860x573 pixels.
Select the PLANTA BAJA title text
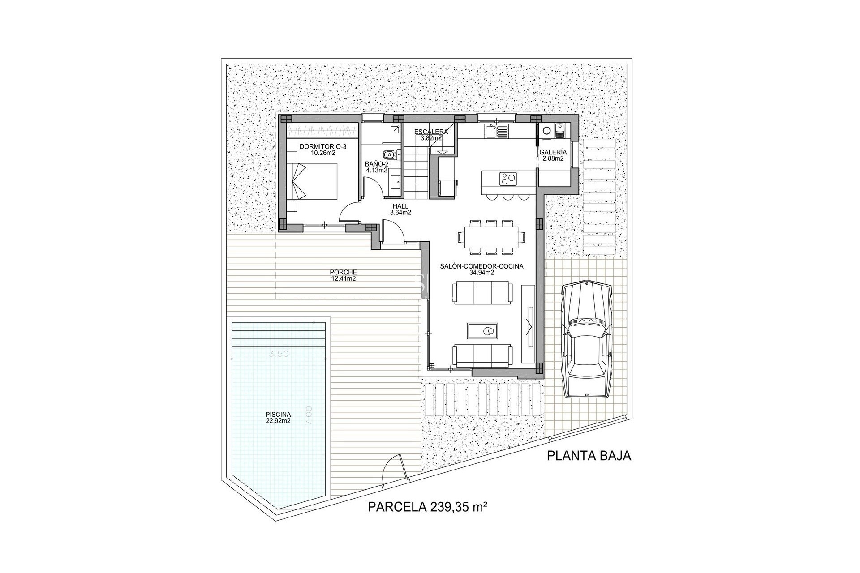pos(589,456)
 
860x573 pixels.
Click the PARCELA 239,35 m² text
pos(427,507)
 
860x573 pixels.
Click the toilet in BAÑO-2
pos(389,154)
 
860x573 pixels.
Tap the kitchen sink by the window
pos(496,131)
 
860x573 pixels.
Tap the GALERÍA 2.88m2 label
pos(553,155)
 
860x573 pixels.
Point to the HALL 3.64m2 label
pos(400,210)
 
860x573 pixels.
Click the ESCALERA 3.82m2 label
pos(431,135)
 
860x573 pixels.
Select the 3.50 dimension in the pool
pos(278,354)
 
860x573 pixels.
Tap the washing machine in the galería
pos(547,131)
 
